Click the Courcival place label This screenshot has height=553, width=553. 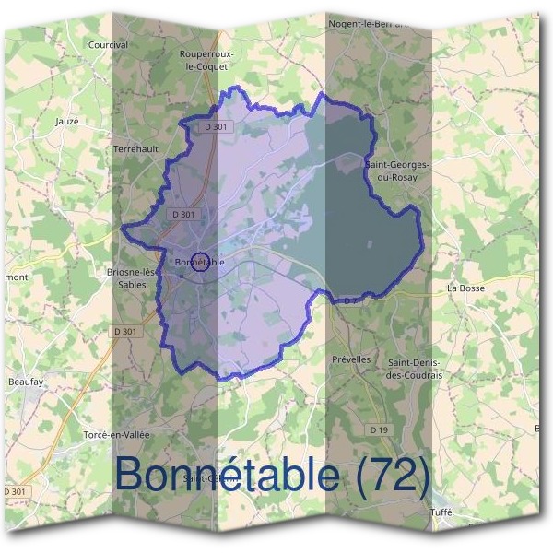pyautogui.click(x=107, y=44)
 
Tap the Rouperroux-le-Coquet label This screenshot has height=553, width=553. pyautogui.click(x=210, y=60)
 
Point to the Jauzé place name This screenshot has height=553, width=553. pyautogui.click(x=67, y=121)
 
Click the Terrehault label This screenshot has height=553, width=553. pyautogui.click(x=136, y=147)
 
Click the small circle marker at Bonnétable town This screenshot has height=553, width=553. pyautogui.click(x=202, y=262)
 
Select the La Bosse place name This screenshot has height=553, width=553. pyautogui.click(x=465, y=288)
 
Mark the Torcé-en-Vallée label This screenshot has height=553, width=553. pyautogui.click(x=116, y=433)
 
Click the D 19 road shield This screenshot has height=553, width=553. pyautogui.click(x=379, y=429)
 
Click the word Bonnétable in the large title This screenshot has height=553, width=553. pyautogui.click(x=227, y=474)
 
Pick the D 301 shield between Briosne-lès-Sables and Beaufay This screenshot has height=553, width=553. pyautogui.click(x=126, y=331)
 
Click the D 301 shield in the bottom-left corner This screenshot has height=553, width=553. pyautogui.click(x=15, y=492)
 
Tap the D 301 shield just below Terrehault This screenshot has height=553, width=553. pyautogui.click(x=182, y=214)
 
